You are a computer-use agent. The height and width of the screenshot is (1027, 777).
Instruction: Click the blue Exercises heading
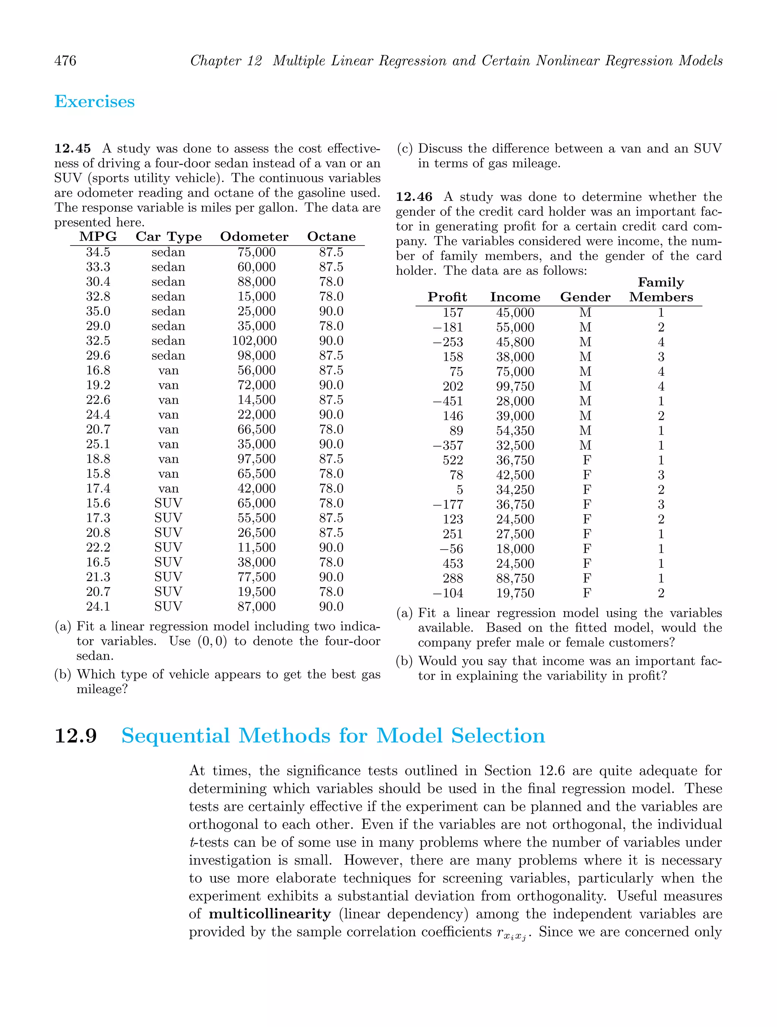(x=95, y=102)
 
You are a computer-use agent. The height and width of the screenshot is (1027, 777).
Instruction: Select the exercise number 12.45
(x=72, y=148)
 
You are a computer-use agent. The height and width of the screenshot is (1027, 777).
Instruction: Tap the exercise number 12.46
(x=414, y=197)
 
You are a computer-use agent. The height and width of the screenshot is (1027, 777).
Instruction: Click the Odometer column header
(x=254, y=237)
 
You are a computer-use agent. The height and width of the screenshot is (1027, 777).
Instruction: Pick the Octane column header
(x=332, y=237)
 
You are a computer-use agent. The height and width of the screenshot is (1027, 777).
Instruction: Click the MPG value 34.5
(x=98, y=252)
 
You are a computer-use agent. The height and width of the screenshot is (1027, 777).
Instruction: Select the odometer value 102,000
(x=254, y=341)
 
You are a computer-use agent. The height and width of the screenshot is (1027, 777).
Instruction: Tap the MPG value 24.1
(x=98, y=606)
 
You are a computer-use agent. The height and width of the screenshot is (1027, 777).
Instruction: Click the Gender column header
(x=585, y=297)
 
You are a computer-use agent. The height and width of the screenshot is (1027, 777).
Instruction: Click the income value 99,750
(x=515, y=386)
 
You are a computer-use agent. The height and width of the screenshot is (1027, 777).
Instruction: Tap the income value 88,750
(x=515, y=578)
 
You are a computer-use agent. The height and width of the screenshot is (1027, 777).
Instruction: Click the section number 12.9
(x=75, y=736)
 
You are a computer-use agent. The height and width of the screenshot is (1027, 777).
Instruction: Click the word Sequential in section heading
(x=175, y=736)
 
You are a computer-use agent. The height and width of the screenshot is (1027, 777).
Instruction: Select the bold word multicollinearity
(x=270, y=914)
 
